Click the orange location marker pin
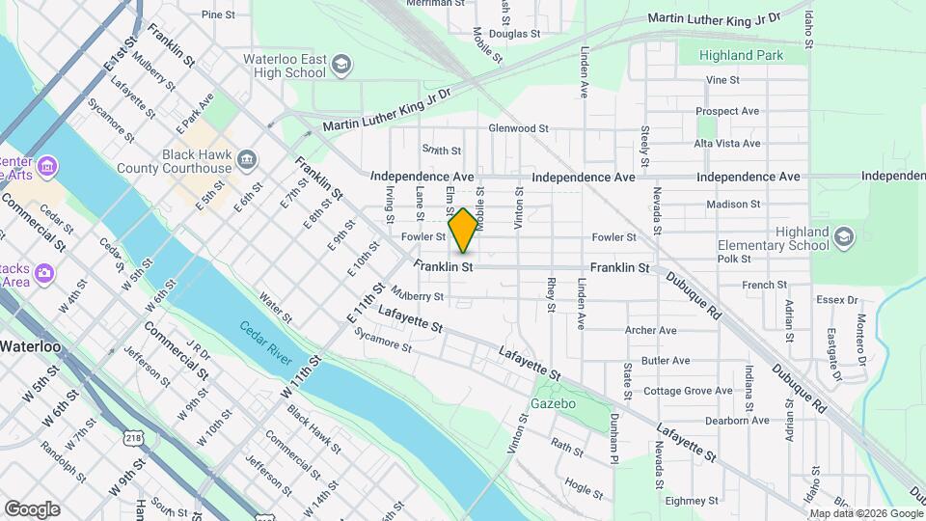(x=464, y=230)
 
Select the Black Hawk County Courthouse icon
(x=247, y=159)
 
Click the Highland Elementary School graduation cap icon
(x=844, y=238)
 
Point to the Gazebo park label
(x=554, y=402)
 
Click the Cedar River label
(x=265, y=343)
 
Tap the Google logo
(x=32, y=508)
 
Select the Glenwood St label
(x=518, y=127)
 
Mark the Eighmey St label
(x=686, y=501)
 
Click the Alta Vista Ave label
(x=727, y=144)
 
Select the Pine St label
(x=218, y=14)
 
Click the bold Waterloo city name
(x=30, y=346)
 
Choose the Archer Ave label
(x=651, y=330)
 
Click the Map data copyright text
(x=864, y=513)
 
